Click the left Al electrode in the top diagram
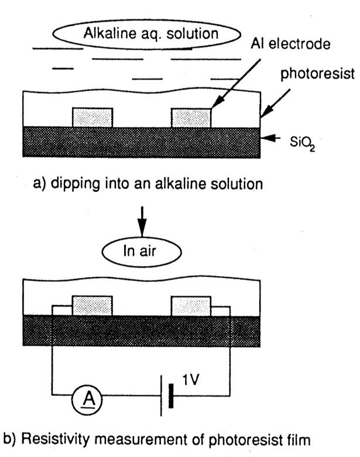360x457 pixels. click(x=92, y=118)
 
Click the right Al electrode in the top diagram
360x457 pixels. click(x=191, y=118)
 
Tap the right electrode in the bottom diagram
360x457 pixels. click(x=191, y=305)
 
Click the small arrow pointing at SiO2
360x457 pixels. click(x=270, y=138)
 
